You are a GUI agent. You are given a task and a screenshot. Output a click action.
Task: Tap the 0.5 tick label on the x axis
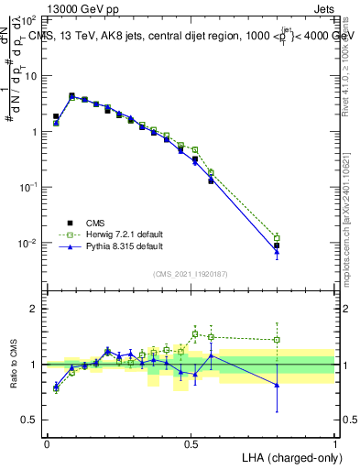[191, 442]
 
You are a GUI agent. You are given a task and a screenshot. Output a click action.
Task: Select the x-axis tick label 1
[335, 442]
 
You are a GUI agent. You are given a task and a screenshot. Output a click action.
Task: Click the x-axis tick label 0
[47, 442]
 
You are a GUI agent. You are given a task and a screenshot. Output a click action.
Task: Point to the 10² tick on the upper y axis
[29, 19]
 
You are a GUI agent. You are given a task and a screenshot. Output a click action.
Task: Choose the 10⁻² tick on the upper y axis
[28, 243]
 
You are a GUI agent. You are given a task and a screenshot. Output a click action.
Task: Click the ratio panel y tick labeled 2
[33, 309]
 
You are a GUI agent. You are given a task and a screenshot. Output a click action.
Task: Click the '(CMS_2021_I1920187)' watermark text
[191, 273]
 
